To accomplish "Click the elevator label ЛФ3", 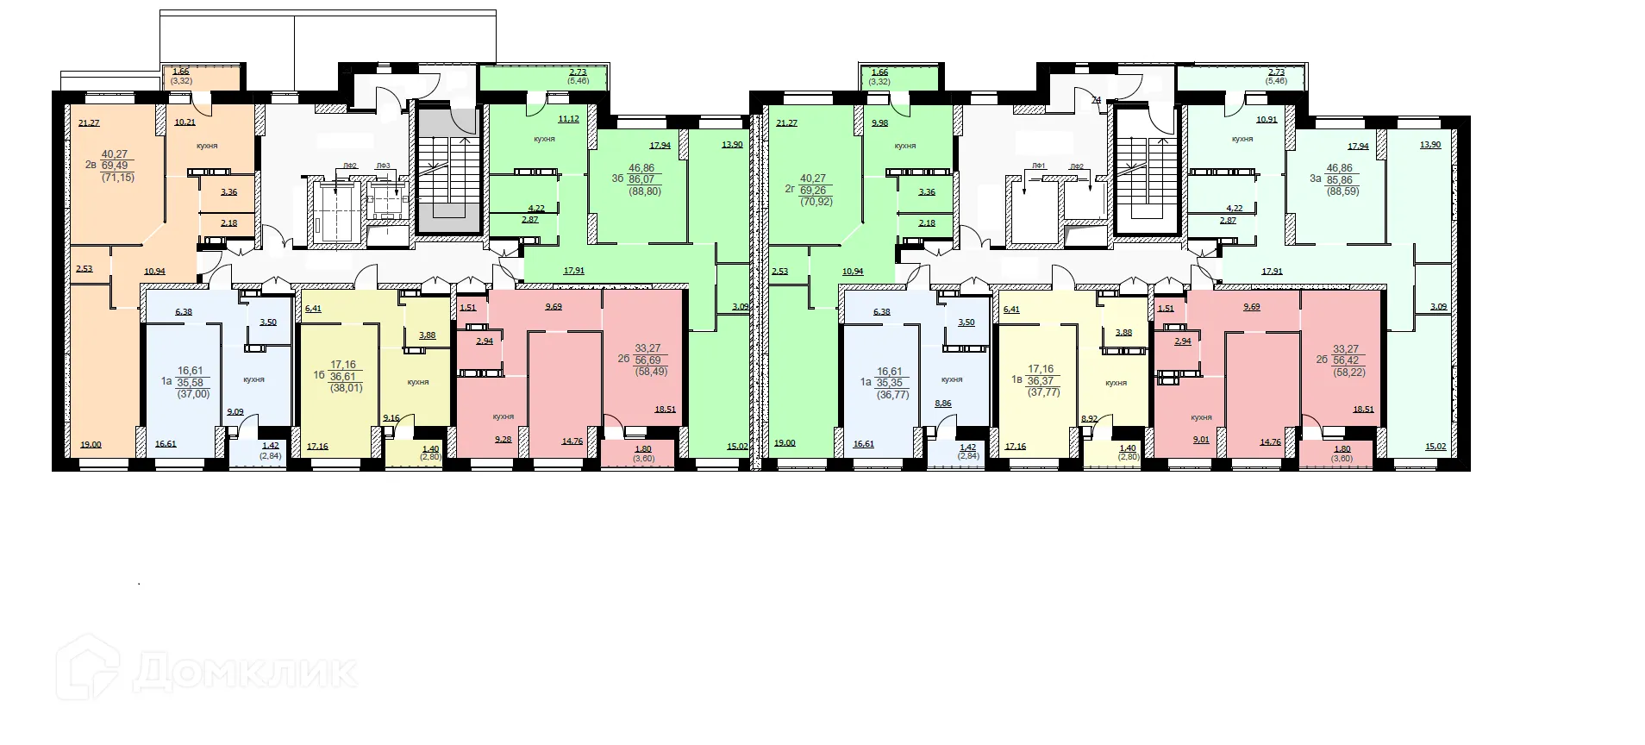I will click(383, 166).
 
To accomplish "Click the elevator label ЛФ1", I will click(1038, 166).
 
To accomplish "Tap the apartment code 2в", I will click(91, 166).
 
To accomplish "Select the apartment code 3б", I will click(617, 179).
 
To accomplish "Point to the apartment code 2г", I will click(789, 189).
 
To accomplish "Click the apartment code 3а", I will click(1315, 179).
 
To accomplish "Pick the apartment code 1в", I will click(1016, 379).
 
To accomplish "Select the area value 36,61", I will click(342, 377).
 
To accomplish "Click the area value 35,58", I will click(190, 383).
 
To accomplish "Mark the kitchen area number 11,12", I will click(568, 119).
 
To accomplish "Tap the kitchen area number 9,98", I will click(879, 123).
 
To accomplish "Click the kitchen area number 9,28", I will click(503, 440).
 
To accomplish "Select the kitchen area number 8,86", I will click(943, 404).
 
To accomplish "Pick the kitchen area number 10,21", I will click(185, 122).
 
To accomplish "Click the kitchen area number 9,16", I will click(391, 418).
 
